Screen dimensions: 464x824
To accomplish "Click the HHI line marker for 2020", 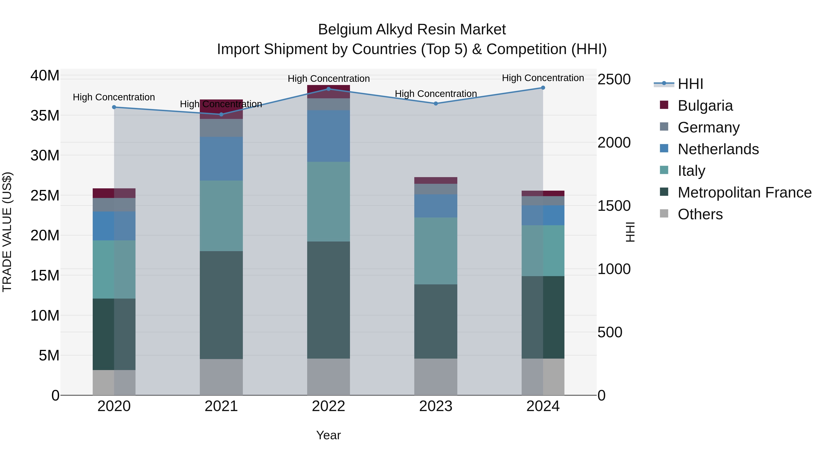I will (x=114, y=107).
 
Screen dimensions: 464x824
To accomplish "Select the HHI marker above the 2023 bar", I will (x=436, y=103).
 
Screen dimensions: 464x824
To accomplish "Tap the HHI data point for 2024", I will (x=543, y=88).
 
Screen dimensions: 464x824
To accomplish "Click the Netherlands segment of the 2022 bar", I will (x=328, y=136).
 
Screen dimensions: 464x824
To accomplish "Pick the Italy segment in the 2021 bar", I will (x=221, y=216).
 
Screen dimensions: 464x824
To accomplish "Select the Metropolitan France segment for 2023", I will (x=436, y=321).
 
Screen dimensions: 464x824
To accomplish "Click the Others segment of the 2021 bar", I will (x=221, y=377).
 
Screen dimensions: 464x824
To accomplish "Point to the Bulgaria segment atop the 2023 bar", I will (x=436, y=180).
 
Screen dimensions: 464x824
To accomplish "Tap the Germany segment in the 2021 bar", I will (x=221, y=128).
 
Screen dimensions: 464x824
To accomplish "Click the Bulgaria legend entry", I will (x=705, y=106).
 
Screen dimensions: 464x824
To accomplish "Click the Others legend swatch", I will (x=664, y=214).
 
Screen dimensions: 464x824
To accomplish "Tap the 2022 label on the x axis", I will (x=328, y=406).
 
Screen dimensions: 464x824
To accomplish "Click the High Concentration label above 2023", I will (x=436, y=93).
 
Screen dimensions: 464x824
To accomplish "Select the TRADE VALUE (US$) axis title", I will (x=7, y=232).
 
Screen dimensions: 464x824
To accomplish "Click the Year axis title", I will (x=328, y=435).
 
